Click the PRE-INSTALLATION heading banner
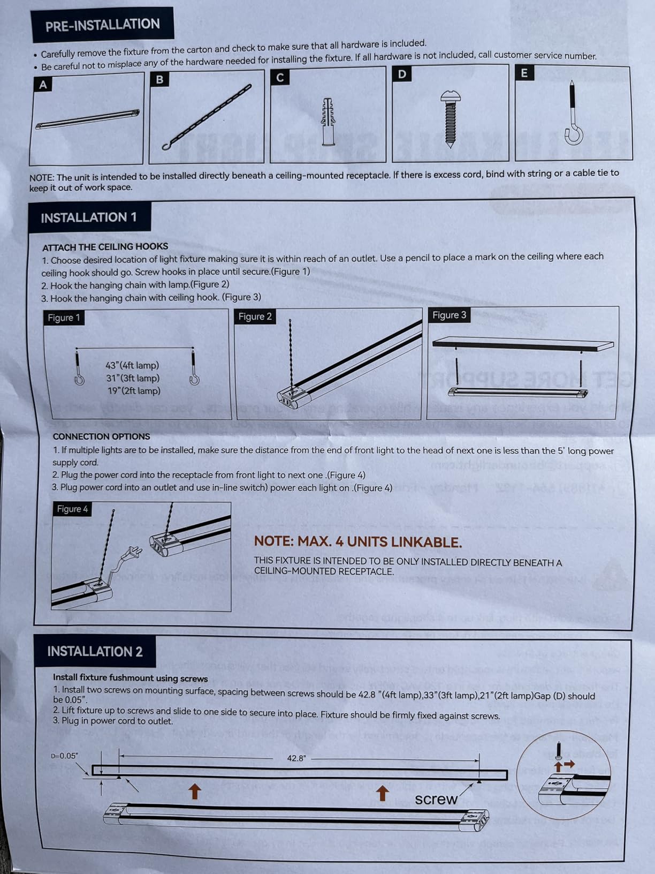tap(102, 25)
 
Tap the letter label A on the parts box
tap(43, 85)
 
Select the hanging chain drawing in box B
tap(207, 117)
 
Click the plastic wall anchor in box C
tap(328, 121)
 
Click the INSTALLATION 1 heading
tap(89, 217)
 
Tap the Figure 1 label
tap(64, 318)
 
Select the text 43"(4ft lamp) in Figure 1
tap(132, 365)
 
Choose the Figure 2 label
tap(255, 317)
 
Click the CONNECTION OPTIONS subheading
tap(101, 436)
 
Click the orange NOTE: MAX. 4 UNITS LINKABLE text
tap(357, 542)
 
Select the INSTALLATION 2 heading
tap(95, 651)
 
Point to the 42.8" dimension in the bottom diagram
tap(296, 758)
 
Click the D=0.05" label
tap(65, 756)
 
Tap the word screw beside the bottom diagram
tap(436, 800)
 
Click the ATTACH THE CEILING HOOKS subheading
tap(105, 247)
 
